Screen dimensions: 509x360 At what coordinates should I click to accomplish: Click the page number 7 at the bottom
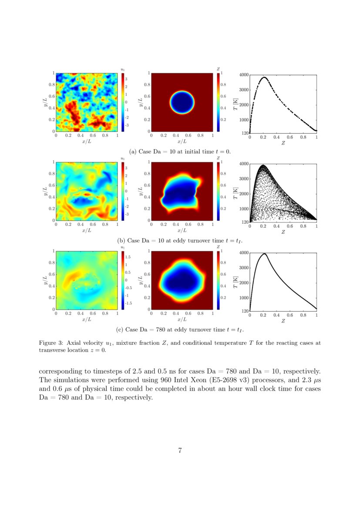pos(180,450)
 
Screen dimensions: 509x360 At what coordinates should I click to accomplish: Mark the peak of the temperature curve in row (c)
pos(263,253)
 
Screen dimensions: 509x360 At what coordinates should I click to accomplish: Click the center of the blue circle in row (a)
pos(182,102)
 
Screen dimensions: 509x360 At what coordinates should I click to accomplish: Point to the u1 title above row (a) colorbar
pos(123,69)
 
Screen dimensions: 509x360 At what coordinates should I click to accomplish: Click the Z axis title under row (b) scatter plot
pos(283,232)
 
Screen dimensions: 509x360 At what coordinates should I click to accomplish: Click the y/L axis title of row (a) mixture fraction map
pos(140,102)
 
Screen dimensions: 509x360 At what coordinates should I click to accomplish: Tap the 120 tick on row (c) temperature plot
pos(245,311)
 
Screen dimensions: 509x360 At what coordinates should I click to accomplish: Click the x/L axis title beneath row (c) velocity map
pos(87,319)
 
